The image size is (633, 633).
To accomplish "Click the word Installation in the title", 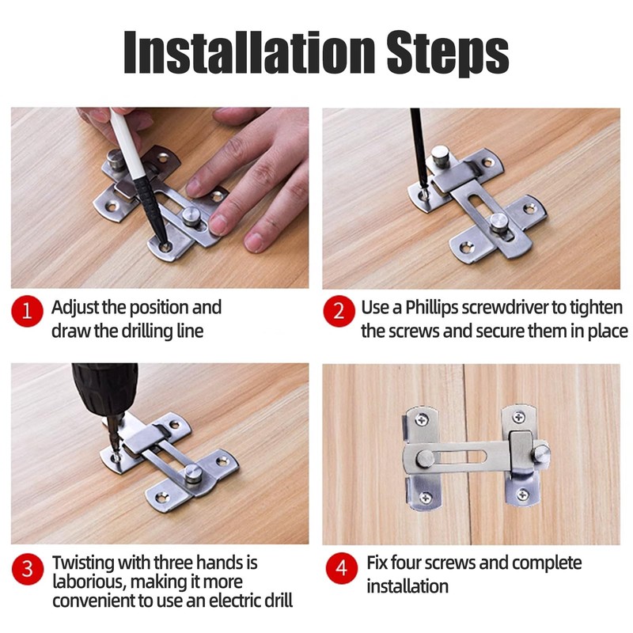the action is pyautogui.click(x=249, y=52).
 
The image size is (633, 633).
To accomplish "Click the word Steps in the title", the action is pyautogui.click(x=448, y=54).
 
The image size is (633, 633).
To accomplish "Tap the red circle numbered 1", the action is pyautogui.click(x=27, y=311).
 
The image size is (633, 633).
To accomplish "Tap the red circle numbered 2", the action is pyautogui.click(x=339, y=311).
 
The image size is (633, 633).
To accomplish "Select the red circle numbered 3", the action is pyautogui.click(x=27, y=569).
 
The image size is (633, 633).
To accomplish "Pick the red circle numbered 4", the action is pyautogui.click(x=342, y=568).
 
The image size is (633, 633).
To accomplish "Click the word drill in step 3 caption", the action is pyautogui.click(x=279, y=601).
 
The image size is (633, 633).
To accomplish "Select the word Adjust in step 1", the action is pyautogui.click(x=75, y=309).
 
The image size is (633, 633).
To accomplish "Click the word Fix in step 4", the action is pyautogui.click(x=377, y=563).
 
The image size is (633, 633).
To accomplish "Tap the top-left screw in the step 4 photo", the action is pyautogui.click(x=422, y=420).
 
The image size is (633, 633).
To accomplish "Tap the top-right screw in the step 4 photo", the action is pyautogui.click(x=518, y=417).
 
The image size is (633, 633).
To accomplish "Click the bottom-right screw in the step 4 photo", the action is pyautogui.click(x=523, y=494).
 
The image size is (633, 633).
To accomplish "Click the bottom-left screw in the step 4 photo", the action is pyautogui.click(x=426, y=498).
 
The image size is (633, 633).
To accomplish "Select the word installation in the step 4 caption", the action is pyautogui.click(x=407, y=586).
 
